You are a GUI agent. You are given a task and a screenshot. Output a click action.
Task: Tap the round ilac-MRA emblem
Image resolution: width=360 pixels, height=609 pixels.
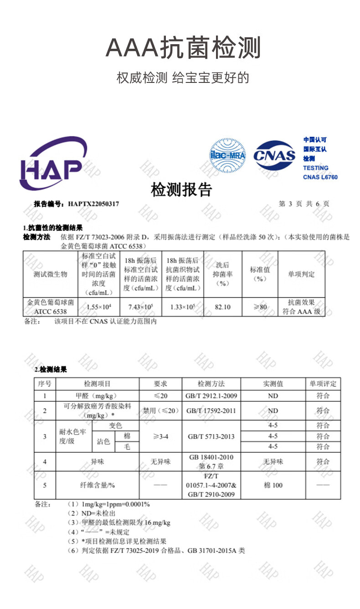point(227,156)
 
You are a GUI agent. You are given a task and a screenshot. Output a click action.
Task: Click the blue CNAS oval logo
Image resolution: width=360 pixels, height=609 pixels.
point(274,156)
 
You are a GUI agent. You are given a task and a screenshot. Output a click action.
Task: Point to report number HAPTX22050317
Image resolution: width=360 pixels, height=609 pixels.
point(93,204)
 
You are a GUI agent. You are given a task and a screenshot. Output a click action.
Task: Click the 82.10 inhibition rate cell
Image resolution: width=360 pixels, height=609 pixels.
point(222,307)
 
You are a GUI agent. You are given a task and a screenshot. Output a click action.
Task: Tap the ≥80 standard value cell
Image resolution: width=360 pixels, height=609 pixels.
point(260,307)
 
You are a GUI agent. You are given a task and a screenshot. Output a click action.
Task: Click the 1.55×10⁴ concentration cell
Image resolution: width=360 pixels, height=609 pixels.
point(99,307)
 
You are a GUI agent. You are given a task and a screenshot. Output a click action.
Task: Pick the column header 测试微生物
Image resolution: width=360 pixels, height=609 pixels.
point(50,274)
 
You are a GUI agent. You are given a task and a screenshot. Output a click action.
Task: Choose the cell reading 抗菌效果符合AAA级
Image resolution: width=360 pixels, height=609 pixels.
point(301,307)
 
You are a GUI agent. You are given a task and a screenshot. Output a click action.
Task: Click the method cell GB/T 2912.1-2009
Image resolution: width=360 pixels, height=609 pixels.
point(211,396)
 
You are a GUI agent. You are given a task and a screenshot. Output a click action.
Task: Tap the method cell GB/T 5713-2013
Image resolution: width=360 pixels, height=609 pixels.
point(211,436)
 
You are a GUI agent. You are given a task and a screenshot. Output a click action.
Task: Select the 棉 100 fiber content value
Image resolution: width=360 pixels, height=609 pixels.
point(273,485)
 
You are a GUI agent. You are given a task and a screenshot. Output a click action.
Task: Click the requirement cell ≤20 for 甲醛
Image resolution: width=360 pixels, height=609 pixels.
point(160,396)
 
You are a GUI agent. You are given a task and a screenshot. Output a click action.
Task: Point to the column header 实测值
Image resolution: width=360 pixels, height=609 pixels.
point(273,384)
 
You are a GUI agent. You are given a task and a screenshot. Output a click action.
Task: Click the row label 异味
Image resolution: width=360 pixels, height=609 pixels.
point(98,461)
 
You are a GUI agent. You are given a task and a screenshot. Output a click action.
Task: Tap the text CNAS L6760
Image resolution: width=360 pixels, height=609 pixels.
point(320,177)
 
